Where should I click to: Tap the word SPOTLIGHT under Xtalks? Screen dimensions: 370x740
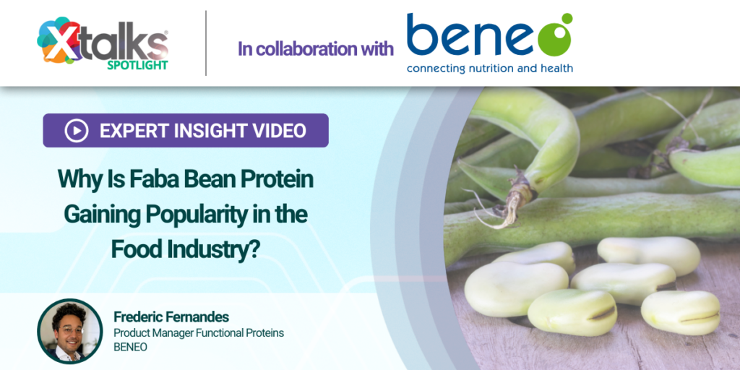[x=137, y=65]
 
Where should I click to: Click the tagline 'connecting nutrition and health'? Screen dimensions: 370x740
[x=489, y=69]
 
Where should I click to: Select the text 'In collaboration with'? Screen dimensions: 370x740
[x=316, y=49]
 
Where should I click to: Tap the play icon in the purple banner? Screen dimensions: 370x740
[x=76, y=131]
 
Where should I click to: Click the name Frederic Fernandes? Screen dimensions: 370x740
[x=171, y=317]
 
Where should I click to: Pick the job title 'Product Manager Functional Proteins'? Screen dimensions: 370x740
[x=199, y=332]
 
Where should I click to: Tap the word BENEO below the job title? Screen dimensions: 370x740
[x=130, y=347]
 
